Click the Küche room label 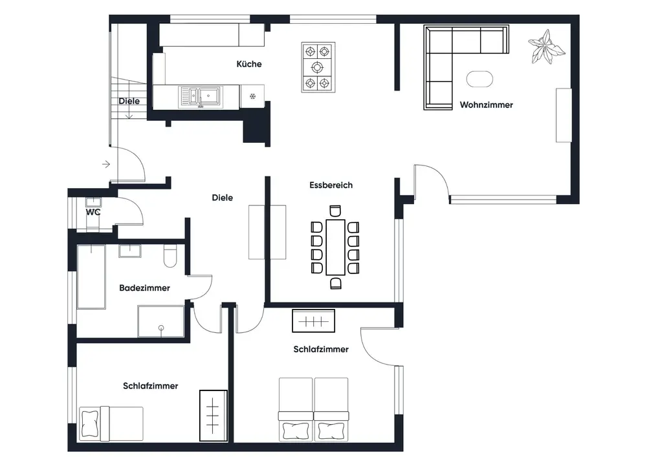[249, 64]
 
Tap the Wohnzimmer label [486, 105]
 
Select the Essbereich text [331, 185]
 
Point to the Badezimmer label [144, 288]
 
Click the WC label [93, 212]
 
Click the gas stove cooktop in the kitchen [318, 67]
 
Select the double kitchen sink [201, 97]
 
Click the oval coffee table [479, 79]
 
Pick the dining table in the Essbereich [335, 248]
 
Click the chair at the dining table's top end [335, 211]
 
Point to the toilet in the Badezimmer [170, 256]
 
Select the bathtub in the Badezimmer [91, 277]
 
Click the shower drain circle [161, 328]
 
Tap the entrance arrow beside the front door [106, 164]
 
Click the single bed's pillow [89, 423]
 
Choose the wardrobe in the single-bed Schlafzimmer [214, 416]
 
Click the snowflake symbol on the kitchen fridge [252, 96]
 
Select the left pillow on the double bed [296, 430]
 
